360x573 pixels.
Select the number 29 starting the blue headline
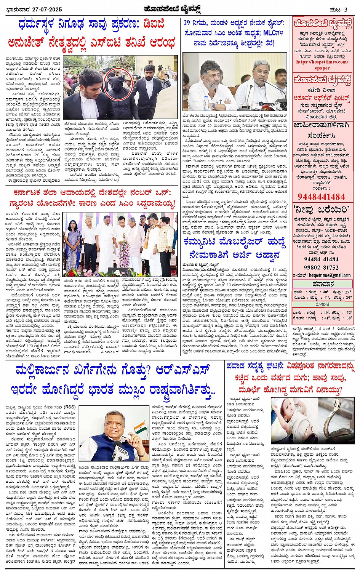tap(187, 23)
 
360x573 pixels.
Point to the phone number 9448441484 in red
tap(321, 197)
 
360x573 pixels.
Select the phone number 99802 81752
tap(321, 267)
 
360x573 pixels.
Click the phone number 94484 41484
tap(321, 259)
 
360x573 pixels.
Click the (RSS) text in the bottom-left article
tap(69, 407)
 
